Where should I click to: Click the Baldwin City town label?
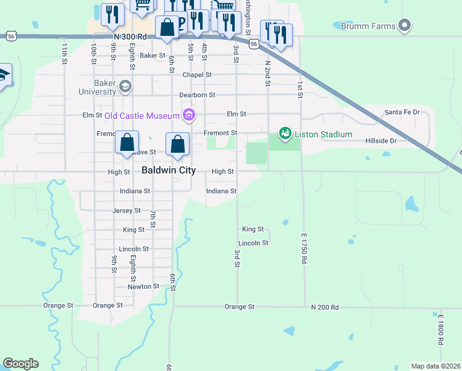pos(169,170)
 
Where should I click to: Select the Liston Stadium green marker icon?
pos(285,134)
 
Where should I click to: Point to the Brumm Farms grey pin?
pos(405,25)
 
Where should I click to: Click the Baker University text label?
pos(97,87)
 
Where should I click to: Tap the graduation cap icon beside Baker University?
pos(126,86)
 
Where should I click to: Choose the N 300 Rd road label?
pos(130,37)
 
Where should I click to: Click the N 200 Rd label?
pos(325,307)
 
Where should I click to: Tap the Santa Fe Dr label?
pos(401,112)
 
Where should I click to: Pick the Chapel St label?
pos(197,75)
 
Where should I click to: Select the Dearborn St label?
pos(197,95)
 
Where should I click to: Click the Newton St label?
pos(143,286)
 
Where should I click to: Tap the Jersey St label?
pos(127,210)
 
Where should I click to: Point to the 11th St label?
pos(64,53)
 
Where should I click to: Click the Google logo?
pos(20,364)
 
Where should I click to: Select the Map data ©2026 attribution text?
pos(435,366)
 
